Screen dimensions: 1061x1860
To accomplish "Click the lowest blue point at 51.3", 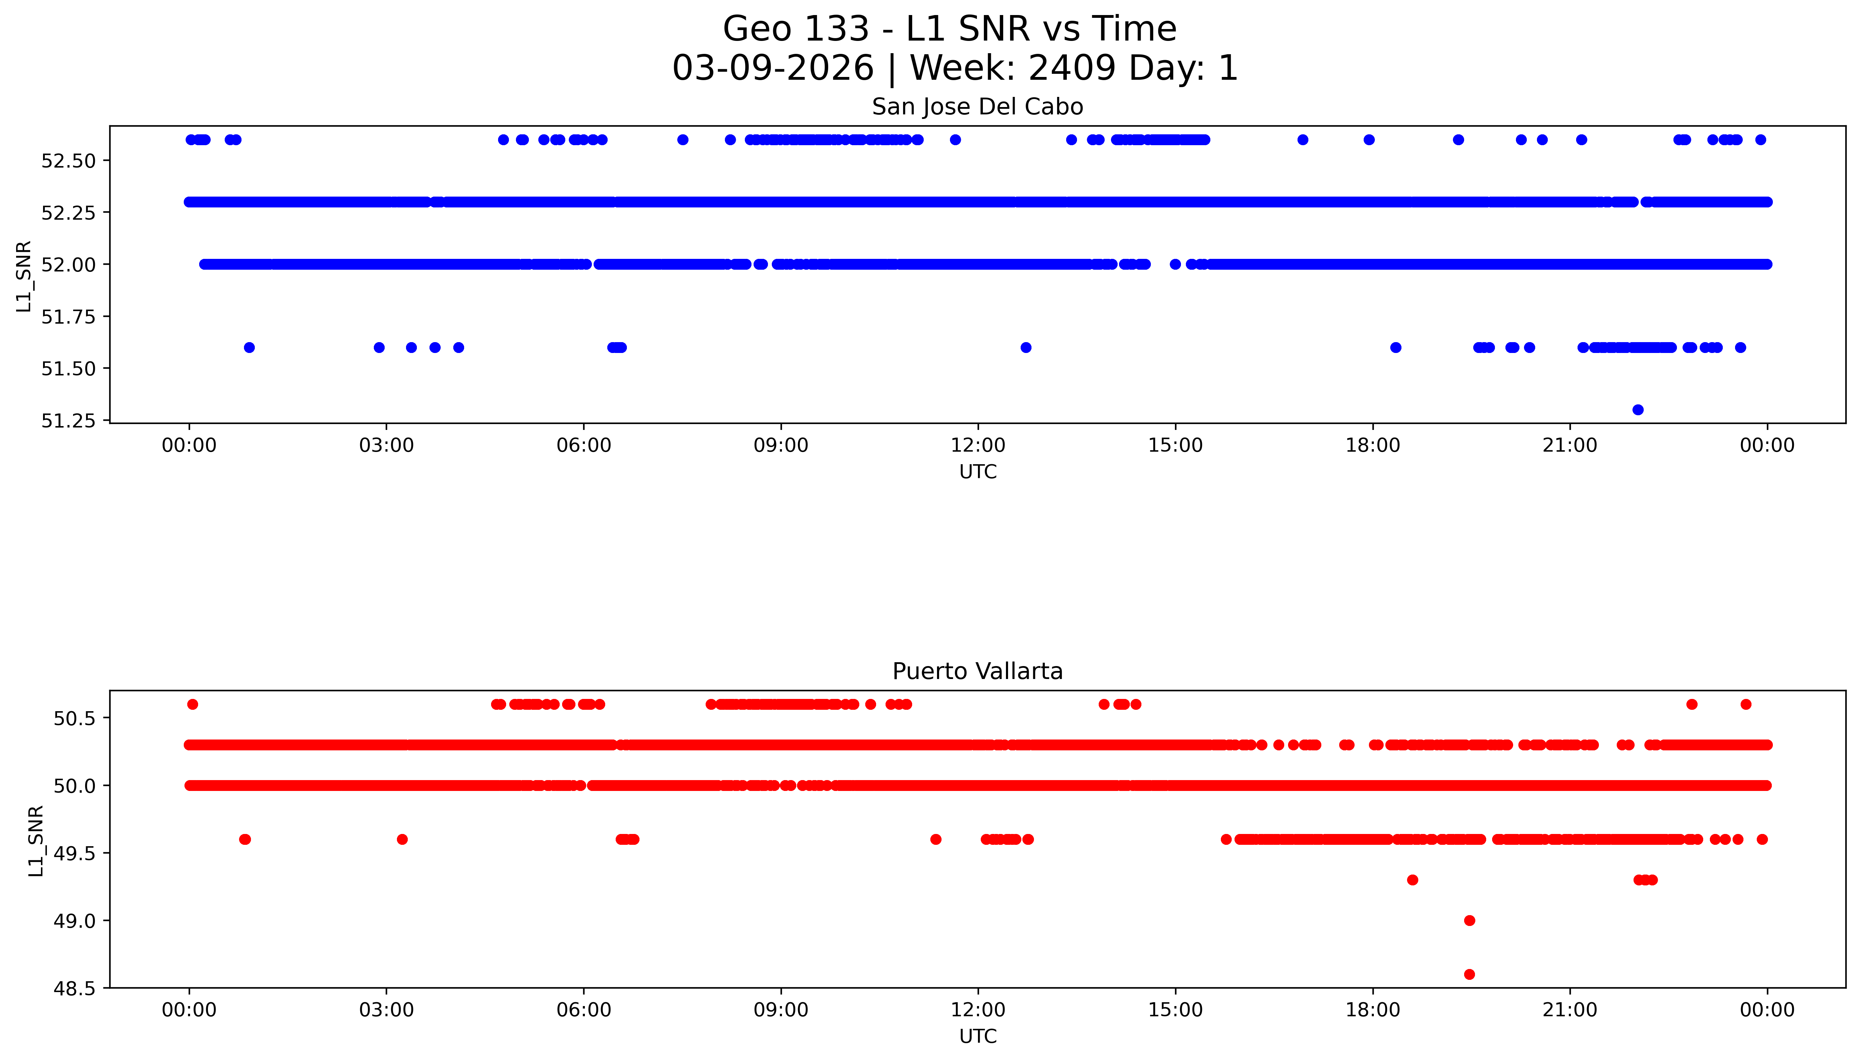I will [1638, 410].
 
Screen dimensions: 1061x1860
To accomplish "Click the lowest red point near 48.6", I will [1469, 974].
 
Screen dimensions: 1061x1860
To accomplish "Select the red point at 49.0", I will [1469, 920].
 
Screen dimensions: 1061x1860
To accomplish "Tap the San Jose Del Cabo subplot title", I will [977, 107].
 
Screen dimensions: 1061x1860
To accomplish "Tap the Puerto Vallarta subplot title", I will [977, 671].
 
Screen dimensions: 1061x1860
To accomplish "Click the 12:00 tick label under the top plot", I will [978, 445].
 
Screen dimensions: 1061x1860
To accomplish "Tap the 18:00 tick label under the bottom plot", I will [1372, 1010].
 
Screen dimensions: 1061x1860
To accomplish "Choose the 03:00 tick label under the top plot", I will [386, 445].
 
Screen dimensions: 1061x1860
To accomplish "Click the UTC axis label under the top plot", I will [977, 472].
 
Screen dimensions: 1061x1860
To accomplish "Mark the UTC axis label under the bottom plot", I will [977, 1036].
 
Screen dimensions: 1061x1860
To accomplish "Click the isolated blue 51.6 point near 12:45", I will [1025, 348].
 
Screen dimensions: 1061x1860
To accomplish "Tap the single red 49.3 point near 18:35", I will [1412, 880].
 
